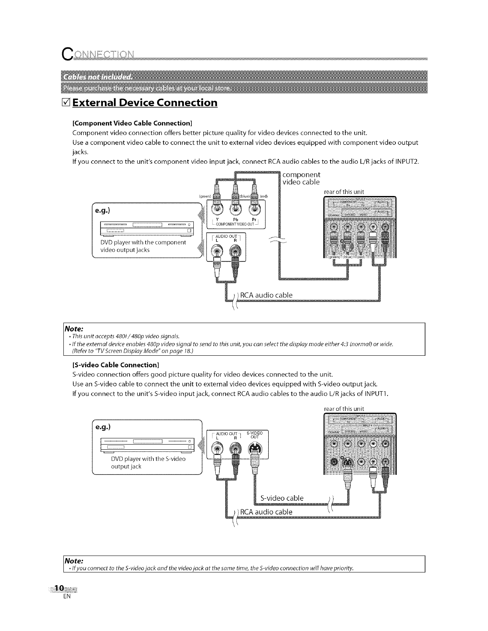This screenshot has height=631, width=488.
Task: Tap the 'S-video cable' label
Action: coord(282,498)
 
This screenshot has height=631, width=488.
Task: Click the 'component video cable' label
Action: coord(301,178)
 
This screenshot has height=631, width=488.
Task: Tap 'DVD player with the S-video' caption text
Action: coord(148,459)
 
